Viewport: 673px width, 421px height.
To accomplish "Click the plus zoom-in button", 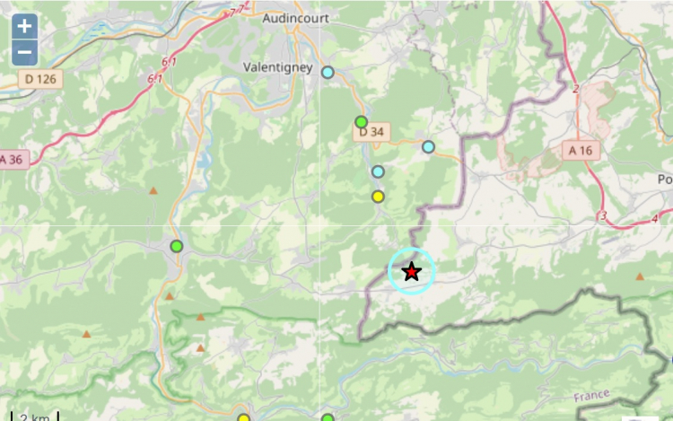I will coord(25,25).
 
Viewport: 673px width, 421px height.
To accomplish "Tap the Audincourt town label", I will coord(295,18).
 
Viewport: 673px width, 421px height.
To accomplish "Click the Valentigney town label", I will coord(277,67).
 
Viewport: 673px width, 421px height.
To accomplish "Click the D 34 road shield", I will coord(371,133).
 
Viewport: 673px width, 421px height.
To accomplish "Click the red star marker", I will coord(411,272).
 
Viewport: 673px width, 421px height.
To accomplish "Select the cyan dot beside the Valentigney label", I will coord(328,72).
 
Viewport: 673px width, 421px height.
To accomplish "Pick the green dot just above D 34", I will coord(361,121).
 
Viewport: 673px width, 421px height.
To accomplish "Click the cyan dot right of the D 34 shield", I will coord(428,146).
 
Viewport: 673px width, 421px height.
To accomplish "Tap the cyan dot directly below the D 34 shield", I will coord(378,171).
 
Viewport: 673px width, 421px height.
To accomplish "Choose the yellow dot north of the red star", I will coord(378,197).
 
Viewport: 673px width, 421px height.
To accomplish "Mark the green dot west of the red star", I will coord(177,246).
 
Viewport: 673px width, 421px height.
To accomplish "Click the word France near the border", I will coord(591,396).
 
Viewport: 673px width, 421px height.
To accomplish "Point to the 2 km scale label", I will coord(35,417).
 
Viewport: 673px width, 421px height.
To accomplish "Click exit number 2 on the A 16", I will coord(575,88).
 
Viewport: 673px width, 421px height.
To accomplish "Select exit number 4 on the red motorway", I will coord(655,218).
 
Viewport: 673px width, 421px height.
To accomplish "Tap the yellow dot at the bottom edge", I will coord(243,417).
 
